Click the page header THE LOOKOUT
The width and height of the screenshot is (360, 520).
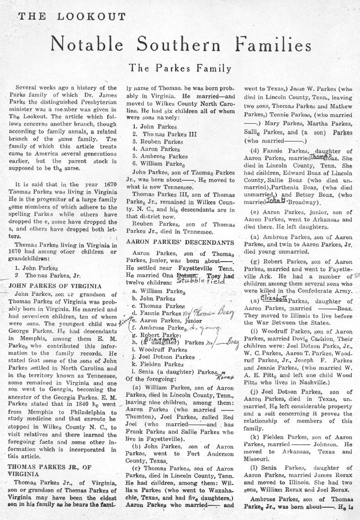(x=72, y=17)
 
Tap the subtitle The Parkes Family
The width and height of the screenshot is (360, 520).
(x=180, y=68)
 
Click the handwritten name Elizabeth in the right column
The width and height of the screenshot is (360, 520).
(x=274, y=298)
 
